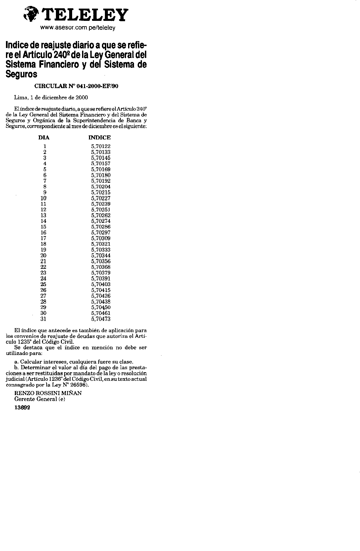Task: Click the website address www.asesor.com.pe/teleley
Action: click(x=77, y=28)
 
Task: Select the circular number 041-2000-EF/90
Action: click(x=76, y=86)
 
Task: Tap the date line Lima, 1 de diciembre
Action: click(x=51, y=97)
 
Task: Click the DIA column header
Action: click(x=44, y=137)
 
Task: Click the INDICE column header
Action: click(x=100, y=137)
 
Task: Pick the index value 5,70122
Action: click(x=101, y=146)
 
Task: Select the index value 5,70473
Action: click(x=101, y=319)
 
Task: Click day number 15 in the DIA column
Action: click(x=44, y=227)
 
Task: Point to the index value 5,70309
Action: click(x=101, y=238)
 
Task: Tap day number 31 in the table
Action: click(x=44, y=319)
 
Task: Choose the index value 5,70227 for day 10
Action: click(x=101, y=198)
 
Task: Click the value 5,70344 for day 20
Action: click(x=101, y=256)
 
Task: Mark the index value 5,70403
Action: click(x=101, y=284)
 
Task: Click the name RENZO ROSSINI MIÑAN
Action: click(x=48, y=393)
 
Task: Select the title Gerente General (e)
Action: click(x=40, y=399)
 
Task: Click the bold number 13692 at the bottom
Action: click(x=22, y=408)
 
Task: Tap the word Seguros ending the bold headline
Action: click(x=22, y=74)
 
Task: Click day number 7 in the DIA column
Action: click(x=45, y=181)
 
